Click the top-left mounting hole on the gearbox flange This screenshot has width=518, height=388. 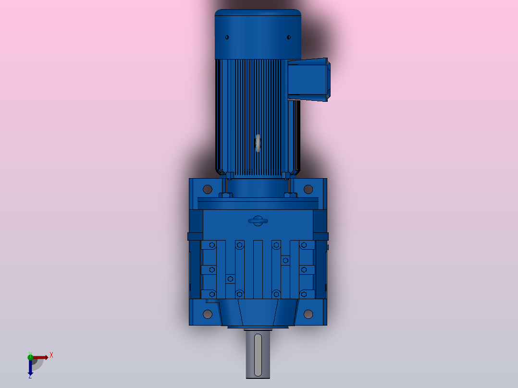208,189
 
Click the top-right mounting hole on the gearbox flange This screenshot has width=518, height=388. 308,189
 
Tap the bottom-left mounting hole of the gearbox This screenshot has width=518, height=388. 208,314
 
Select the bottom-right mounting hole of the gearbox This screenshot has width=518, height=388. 308,314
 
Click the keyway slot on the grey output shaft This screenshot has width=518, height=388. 258,355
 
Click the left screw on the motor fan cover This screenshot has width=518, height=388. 227,37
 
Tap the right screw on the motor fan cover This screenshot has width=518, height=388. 289,37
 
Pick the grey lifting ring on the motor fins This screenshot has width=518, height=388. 258,143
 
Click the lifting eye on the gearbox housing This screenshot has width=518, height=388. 258,221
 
